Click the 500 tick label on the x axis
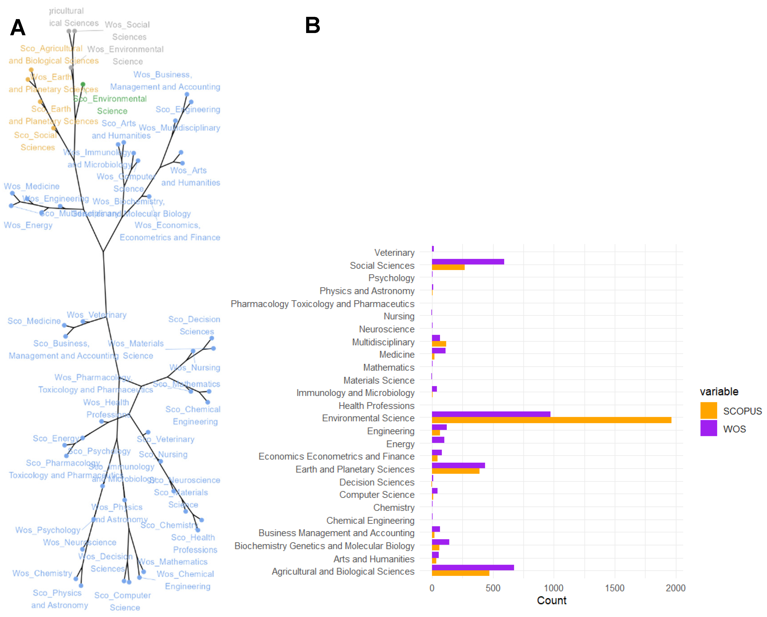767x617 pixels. (493, 588)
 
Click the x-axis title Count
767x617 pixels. (551, 601)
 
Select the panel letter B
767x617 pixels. (312, 26)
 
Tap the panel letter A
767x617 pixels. (18, 28)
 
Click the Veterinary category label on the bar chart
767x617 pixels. (394, 253)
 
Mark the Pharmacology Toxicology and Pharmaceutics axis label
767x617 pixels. (322, 304)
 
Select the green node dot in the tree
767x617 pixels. (83, 84)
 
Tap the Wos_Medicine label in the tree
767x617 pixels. (32, 186)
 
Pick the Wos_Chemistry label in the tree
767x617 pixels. (42, 573)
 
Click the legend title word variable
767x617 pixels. (719, 391)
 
